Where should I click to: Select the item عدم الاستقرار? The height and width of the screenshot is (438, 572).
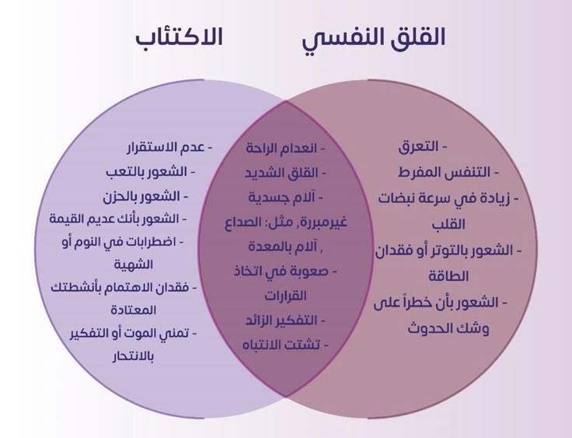pos(166,147)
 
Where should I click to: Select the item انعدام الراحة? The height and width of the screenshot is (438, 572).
pos(286,148)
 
